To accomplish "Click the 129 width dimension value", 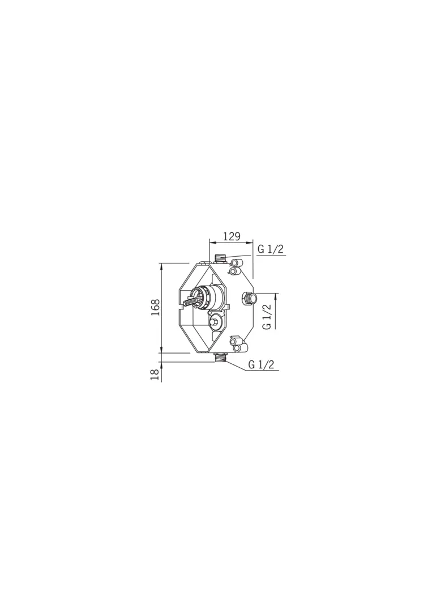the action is click(x=232, y=236).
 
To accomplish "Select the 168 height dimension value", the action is click(x=156, y=307).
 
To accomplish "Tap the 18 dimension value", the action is click(x=156, y=375).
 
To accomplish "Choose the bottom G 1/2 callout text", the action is click(x=262, y=364).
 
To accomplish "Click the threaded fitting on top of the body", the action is click(x=221, y=258).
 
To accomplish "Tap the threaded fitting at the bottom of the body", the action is click(x=221, y=357).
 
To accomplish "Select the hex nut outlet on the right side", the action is click(x=250, y=299).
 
